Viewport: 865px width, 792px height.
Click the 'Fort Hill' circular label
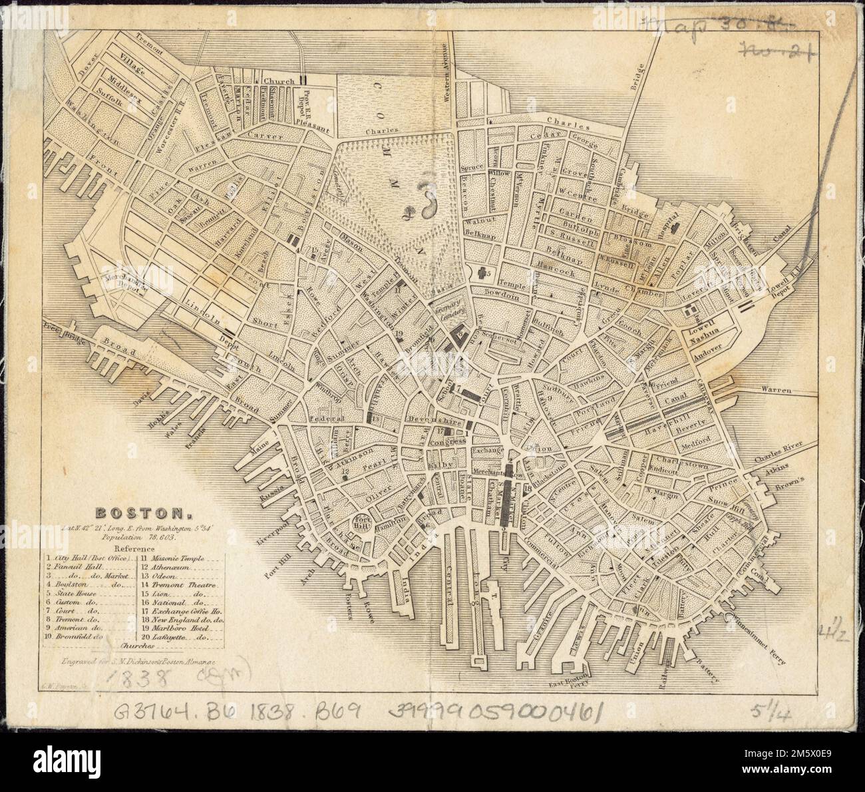(361, 520)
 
